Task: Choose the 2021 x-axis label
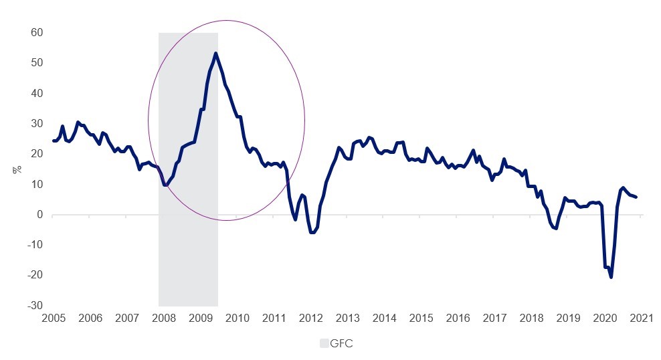[640, 317]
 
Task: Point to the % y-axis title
[16, 169]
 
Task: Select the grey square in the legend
[324, 343]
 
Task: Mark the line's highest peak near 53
[215, 54]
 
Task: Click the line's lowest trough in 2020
[611, 277]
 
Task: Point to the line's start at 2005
[54, 141]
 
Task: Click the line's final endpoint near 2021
[636, 197]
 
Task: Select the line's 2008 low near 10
[165, 185]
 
